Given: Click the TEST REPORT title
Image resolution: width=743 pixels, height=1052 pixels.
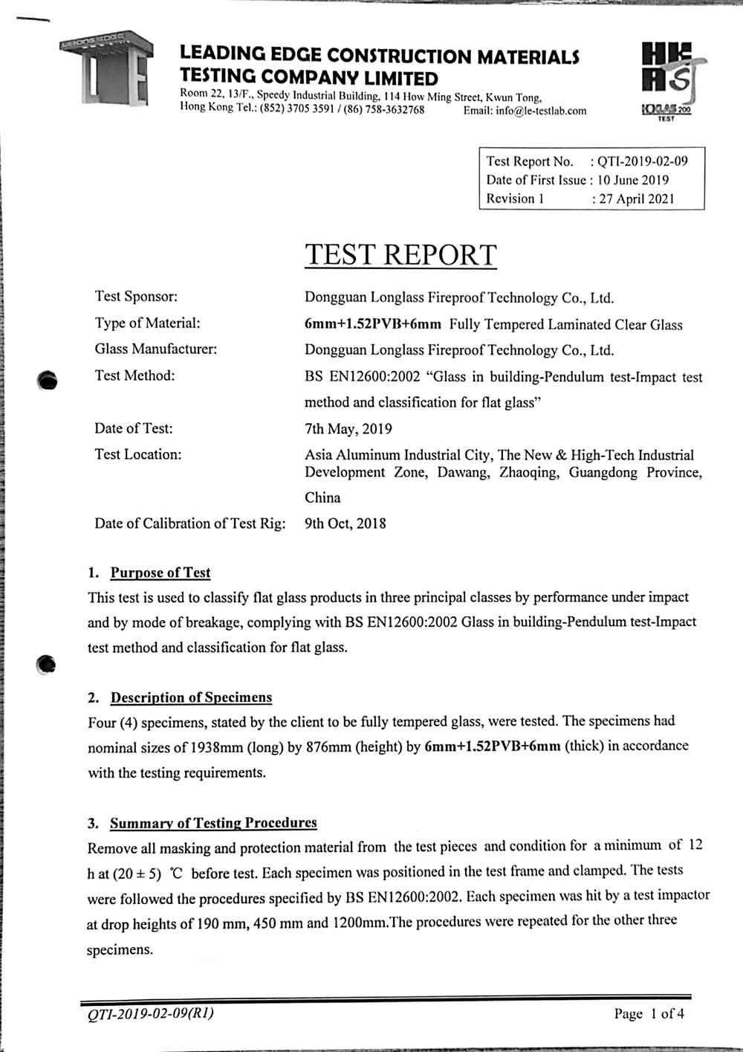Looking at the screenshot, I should tap(400, 255).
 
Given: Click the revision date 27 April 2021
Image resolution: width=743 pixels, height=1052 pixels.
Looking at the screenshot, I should tap(638, 199).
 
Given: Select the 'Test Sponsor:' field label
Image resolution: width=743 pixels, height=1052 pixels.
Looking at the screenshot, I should tap(136, 297).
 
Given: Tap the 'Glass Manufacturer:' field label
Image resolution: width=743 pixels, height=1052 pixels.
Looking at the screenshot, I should tap(155, 349).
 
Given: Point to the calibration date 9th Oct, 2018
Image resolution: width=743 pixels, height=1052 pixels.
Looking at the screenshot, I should tap(345, 523).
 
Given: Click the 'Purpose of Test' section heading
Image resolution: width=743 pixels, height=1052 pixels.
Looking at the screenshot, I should tap(160, 572).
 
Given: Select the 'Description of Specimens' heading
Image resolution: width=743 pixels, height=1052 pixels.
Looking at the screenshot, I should tap(191, 697).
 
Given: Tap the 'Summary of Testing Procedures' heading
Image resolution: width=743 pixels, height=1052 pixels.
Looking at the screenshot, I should tap(213, 823).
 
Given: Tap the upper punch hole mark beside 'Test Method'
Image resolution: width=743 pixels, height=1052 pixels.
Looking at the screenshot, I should tap(47, 380).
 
